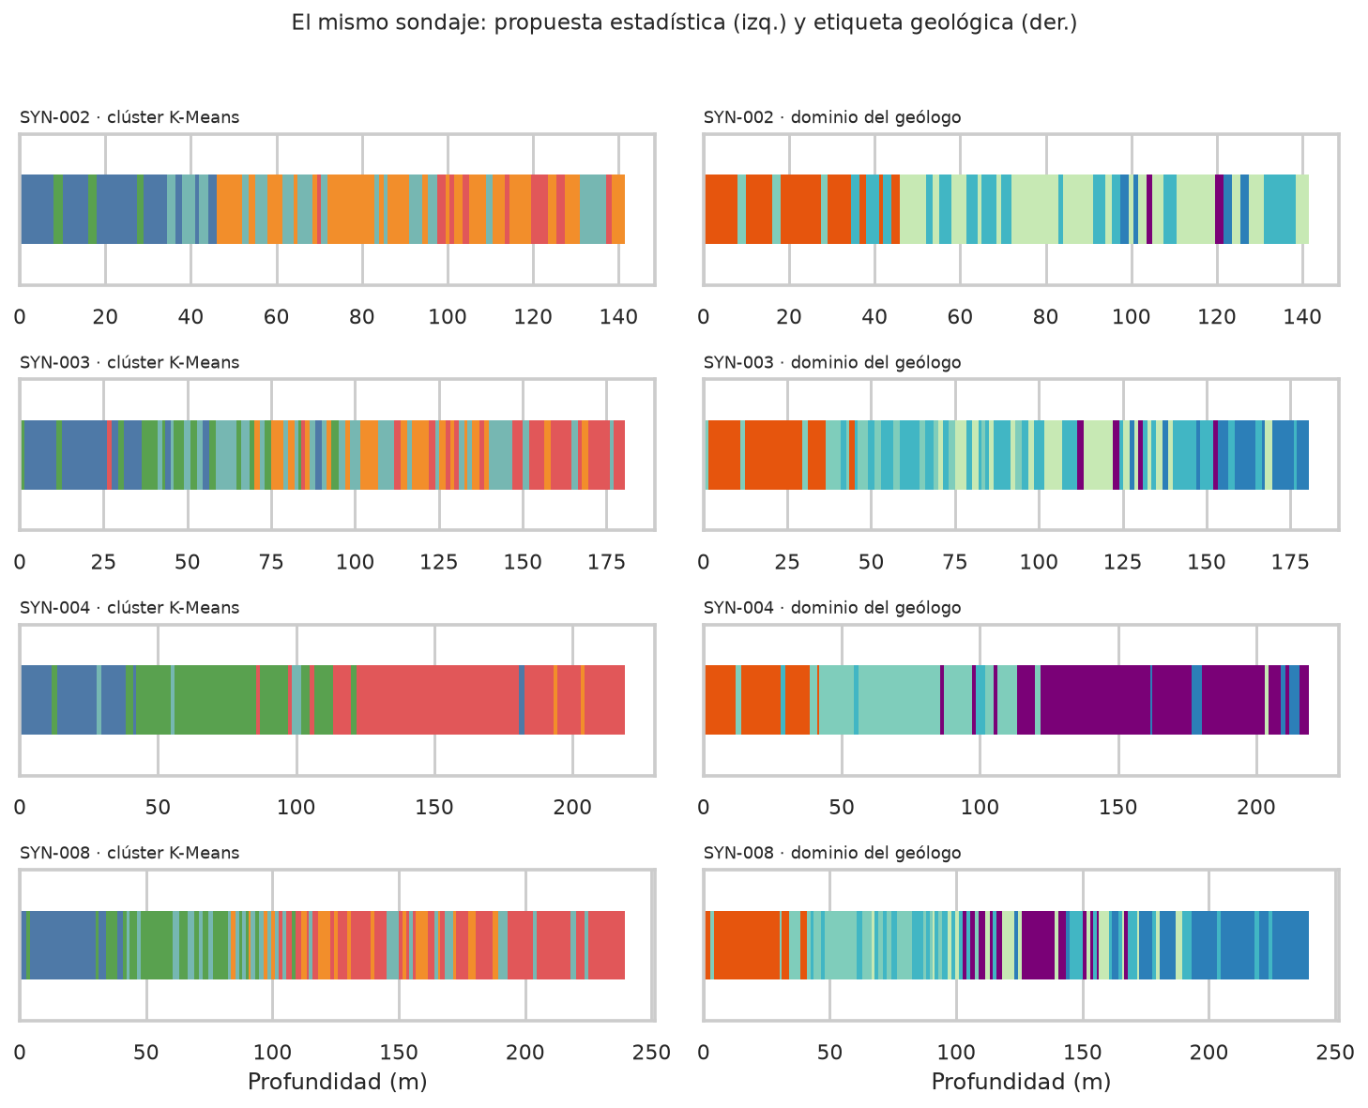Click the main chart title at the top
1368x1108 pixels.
click(x=684, y=23)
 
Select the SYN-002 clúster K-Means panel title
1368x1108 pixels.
click(x=129, y=117)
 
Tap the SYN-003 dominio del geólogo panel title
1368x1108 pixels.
click(x=831, y=362)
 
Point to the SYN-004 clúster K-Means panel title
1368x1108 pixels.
click(x=129, y=607)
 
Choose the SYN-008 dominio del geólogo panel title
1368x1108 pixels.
click(x=831, y=853)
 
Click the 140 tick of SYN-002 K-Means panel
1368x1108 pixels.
click(x=618, y=316)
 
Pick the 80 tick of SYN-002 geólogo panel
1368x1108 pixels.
click(x=1045, y=316)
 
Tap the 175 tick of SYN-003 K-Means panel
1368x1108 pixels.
click(x=606, y=562)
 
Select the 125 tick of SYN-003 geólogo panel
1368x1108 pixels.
click(x=1123, y=562)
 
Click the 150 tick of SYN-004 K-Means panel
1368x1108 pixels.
click(x=434, y=807)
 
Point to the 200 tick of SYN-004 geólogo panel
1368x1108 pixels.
click(x=1256, y=807)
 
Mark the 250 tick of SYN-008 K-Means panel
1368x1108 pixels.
click(x=651, y=1052)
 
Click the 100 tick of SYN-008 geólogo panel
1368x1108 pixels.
click(x=956, y=1052)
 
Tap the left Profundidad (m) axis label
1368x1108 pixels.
click(x=337, y=1082)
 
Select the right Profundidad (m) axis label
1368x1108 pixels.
click(x=1021, y=1082)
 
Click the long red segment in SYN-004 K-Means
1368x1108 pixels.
click(x=438, y=700)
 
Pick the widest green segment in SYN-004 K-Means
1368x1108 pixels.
click(x=215, y=700)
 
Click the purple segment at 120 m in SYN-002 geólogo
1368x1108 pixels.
click(x=1219, y=209)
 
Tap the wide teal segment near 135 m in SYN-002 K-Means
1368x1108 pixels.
click(x=593, y=209)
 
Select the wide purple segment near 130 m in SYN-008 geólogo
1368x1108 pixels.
click(x=1038, y=945)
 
